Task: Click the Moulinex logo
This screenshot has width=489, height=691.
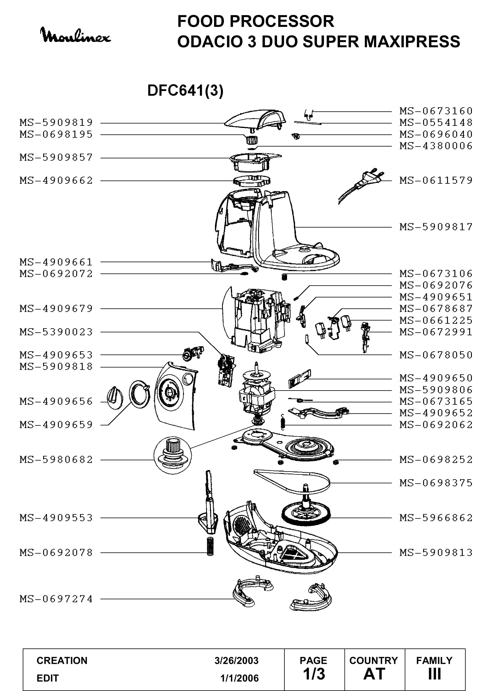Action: click(76, 35)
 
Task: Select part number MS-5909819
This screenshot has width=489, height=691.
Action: click(56, 123)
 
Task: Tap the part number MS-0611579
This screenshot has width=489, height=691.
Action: click(436, 181)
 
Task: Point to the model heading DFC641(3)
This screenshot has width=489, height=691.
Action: click(185, 90)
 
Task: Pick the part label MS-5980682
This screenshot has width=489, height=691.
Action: click(56, 460)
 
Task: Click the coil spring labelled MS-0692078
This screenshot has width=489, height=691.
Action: click(210, 546)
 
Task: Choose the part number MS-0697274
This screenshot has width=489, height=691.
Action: click(56, 599)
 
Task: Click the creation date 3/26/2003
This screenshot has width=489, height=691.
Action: click(237, 661)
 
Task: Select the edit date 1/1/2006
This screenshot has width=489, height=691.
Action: click(239, 678)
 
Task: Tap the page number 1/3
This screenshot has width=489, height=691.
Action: click(314, 674)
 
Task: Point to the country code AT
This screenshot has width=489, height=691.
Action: click(374, 674)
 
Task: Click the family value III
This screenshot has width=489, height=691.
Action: click(435, 674)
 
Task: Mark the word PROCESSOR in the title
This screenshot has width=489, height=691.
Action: click(282, 21)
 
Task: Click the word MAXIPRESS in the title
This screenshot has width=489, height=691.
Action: click(412, 42)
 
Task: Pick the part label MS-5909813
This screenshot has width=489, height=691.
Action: click(436, 552)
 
